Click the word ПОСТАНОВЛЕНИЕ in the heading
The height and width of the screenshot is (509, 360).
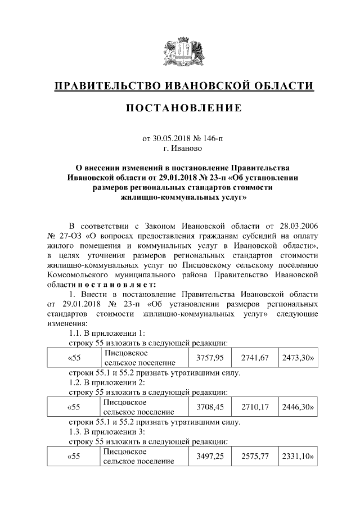coord(180,107)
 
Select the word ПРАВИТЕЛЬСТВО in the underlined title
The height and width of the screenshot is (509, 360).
coord(105,86)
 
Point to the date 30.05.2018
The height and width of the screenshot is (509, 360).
coord(173,138)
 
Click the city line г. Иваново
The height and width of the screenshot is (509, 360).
coord(180,148)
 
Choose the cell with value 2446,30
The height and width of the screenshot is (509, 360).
coord(297,407)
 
